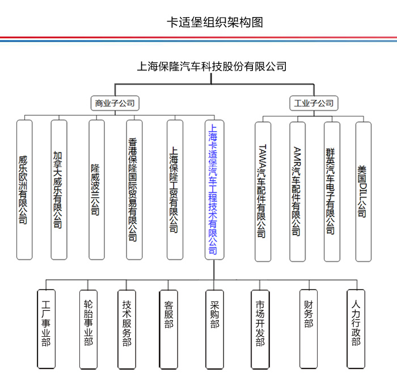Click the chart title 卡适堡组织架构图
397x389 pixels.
[x=215, y=22]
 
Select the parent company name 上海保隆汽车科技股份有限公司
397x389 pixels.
[x=212, y=66]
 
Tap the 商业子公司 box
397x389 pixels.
[x=115, y=103]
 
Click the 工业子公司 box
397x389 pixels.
[x=314, y=103]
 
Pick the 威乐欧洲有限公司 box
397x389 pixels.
[x=24, y=190]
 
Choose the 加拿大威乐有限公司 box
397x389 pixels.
[x=59, y=190]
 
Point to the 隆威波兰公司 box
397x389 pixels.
[x=96, y=190]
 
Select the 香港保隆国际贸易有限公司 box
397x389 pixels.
[x=134, y=190]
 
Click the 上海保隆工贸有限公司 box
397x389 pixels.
[x=175, y=190]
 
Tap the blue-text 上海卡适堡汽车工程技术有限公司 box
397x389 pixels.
[x=214, y=190]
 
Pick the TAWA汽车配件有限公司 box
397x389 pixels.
[x=263, y=192]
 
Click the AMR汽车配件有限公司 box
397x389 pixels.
[x=298, y=192]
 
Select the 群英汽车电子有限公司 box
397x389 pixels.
[x=332, y=192]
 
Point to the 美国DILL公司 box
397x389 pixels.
[x=364, y=192]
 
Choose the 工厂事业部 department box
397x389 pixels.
[x=46, y=329]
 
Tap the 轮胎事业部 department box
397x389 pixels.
[x=88, y=329]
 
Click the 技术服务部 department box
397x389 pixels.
[x=126, y=329]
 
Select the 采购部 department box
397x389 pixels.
[x=214, y=329]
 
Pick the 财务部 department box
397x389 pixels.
[x=309, y=329]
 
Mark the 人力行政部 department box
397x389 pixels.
[x=356, y=329]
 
